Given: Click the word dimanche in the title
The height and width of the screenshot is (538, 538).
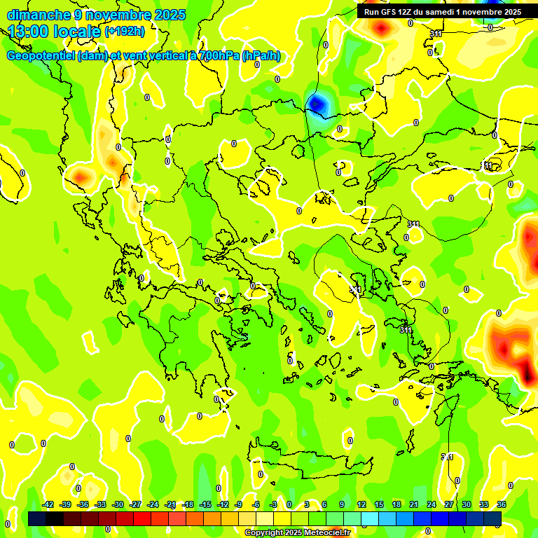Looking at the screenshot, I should [x=39, y=15].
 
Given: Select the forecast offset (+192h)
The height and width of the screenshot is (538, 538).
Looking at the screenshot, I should [x=124, y=31].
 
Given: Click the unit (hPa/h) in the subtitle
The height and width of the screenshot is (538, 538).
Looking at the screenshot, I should [x=261, y=56].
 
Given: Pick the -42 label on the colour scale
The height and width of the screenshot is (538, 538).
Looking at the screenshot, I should [x=48, y=504].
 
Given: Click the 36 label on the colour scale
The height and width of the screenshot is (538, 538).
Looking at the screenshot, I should [x=502, y=504].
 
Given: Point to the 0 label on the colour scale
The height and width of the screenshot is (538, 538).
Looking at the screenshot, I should [x=289, y=504].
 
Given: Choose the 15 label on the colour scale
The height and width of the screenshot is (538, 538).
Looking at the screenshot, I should [x=379, y=504].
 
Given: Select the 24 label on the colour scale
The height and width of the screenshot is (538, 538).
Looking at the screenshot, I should [x=432, y=504].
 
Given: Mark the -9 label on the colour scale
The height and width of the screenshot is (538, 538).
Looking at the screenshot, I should [x=238, y=504].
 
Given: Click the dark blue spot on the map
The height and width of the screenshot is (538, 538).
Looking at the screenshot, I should [x=318, y=104].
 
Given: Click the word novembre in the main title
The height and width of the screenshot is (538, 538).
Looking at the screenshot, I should [x=119, y=15].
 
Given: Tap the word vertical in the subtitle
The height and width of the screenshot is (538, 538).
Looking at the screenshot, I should [x=160, y=56].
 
